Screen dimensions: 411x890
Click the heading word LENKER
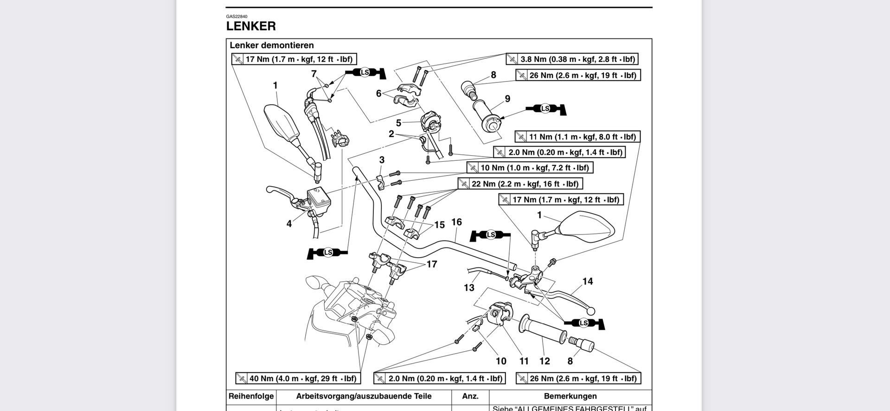[251, 26]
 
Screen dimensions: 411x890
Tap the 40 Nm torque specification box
[297, 379]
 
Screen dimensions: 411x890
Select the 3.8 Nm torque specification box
[572, 59]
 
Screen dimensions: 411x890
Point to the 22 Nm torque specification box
[520, 184]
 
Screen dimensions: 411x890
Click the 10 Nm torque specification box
[530, 168]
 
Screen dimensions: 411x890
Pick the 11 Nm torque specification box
[577, 137]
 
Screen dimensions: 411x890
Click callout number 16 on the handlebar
[456, 222]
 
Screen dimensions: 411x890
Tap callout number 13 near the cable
[469, 288]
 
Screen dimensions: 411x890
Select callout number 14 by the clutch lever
[588, 281]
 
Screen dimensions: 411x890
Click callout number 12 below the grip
[544, 361]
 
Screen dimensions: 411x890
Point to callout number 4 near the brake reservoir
[289, 224]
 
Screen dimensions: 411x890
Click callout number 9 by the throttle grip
[507, 99]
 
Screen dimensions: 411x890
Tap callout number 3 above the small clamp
[382, 160]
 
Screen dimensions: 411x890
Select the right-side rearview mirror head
[587, 228]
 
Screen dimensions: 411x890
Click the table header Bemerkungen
[570, 397]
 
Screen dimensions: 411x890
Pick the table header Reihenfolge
[251, 397]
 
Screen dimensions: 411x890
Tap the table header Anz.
[470, 397]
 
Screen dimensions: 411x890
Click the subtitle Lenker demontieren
[272, 45]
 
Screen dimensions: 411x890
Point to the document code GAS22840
[237, 17]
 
